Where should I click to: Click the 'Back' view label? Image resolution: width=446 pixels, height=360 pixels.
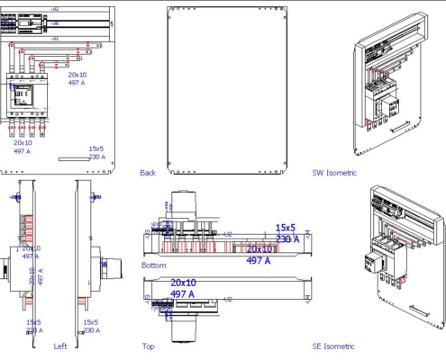[x=148, y=172]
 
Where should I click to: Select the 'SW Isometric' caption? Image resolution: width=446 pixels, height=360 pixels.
[x=334, y=172]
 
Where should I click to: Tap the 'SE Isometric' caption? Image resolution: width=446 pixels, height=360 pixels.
[x=333, y=346]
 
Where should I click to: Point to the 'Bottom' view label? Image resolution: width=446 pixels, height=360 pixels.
[x=153, y=265]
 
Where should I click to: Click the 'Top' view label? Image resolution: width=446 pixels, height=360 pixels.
[x=148, y=346]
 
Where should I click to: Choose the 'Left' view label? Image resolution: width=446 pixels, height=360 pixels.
[x=60, y=346]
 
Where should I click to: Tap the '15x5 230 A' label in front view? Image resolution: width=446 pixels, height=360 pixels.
[x=96, y=153]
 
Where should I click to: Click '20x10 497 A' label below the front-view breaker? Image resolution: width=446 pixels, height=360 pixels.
[x=22, y=147]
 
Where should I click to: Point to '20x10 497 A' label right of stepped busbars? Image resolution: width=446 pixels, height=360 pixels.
[x=77, y=78]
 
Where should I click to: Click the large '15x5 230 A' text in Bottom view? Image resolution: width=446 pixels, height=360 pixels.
[x=287, y=233]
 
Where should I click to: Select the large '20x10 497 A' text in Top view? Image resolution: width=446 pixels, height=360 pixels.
[x=183, y=288]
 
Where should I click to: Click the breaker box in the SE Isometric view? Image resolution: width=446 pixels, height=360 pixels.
[x=372, y=263]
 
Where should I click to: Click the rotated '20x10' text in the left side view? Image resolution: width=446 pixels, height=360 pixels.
[x=32, y=275]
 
